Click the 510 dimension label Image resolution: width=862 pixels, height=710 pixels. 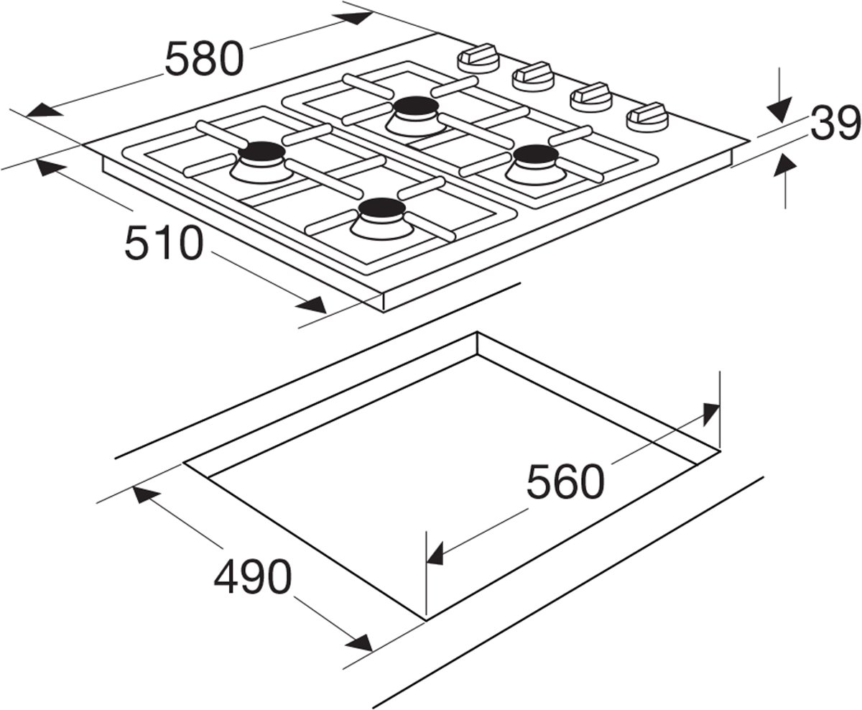tap(162, 243)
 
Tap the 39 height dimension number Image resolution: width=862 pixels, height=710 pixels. tap(835, 124)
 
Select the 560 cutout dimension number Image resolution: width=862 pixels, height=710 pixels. tap(564, 481)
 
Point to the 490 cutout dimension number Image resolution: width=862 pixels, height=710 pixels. tap(253, 576)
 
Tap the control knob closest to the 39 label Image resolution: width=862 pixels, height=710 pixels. tap(646, 116)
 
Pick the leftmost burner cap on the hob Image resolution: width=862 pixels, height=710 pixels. tap(261, 152)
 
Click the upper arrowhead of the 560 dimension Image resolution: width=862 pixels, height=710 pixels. tap(709, 412)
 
